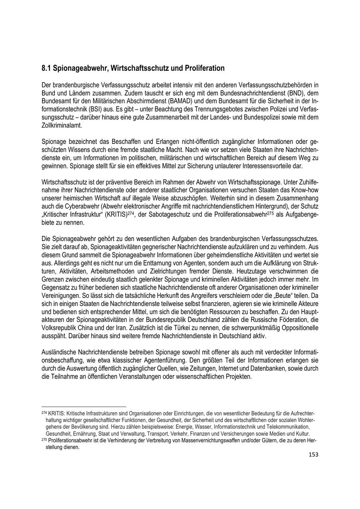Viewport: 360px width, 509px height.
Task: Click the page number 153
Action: (313, 455)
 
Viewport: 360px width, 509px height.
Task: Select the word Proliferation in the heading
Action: (204, 68)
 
